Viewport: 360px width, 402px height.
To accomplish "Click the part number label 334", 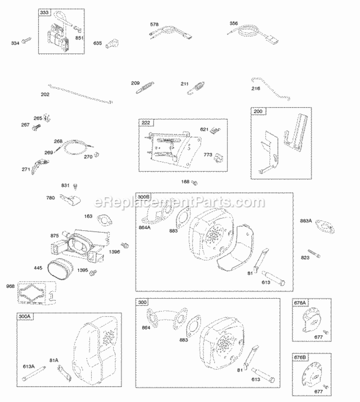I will pos(15,44).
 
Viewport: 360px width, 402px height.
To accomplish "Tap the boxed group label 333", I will pos(44,12).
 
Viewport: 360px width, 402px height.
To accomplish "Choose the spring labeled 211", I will pos(195,89).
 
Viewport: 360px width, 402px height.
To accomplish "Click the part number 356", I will pos(234,23).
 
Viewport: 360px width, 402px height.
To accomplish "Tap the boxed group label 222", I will pos(145,123).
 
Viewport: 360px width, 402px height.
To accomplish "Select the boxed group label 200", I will pos(258,111).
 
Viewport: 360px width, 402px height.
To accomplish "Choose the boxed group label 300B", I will pos(144,197).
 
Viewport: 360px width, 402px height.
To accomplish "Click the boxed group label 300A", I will pos(24,317).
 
